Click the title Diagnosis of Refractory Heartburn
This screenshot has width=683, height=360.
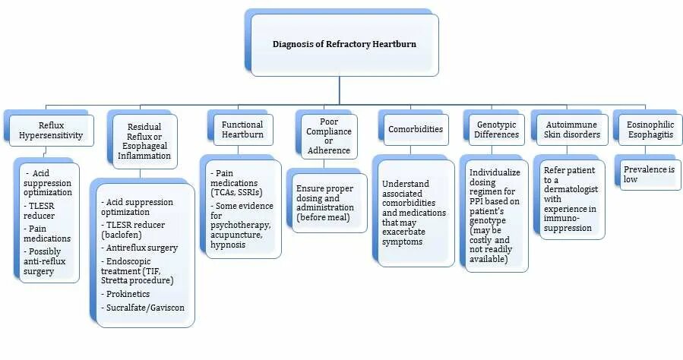(344, 44)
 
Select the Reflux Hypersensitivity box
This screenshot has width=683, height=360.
(51, 130)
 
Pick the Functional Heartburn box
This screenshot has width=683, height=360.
(242, 129)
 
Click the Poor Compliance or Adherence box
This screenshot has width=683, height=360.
(328, 135)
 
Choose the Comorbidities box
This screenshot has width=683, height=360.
(415, 129)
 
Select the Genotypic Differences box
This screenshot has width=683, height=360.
(497, 129)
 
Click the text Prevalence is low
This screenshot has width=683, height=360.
(649, 175)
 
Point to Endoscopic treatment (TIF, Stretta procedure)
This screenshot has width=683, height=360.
(138, 270)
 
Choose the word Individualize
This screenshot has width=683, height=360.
(495, 172)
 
